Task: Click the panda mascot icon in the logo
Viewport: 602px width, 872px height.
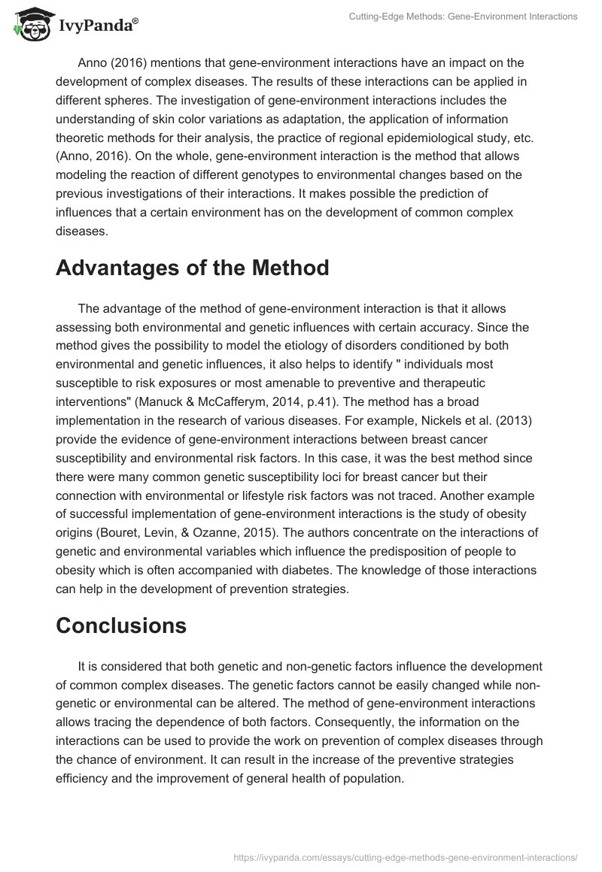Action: coord(29,23)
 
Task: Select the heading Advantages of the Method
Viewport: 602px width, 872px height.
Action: coord(193,268)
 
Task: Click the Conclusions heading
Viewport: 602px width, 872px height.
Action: coord(121,625)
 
